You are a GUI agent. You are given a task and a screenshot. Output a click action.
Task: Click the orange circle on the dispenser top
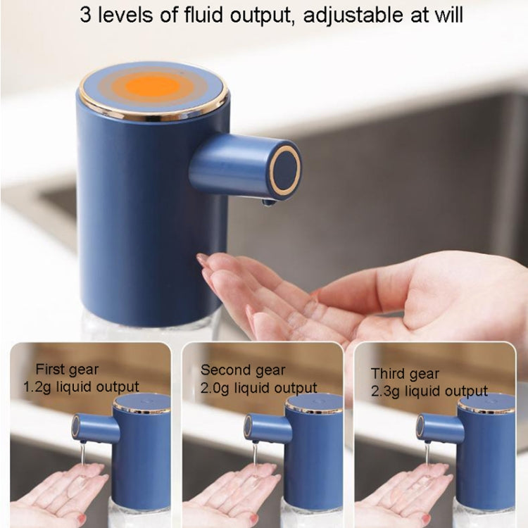click(x=153, y=85)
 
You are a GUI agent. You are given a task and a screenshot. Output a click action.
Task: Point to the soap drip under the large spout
click(x=268, y=203)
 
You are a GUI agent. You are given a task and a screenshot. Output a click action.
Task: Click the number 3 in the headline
click(x=85, y=15)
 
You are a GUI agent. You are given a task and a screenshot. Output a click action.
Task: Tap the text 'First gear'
click(x=68, y=370)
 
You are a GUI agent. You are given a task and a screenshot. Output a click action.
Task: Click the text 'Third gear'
click(x=405, y=373)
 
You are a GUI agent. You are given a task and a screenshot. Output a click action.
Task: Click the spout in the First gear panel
click(x=92, y=427)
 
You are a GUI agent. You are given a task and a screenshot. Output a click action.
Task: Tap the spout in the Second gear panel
click(x=265, y=427)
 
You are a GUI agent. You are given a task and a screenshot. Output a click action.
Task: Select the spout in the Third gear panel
click(x=438, y=427)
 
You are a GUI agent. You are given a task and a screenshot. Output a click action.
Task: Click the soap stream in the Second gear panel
click(x=254, y=454)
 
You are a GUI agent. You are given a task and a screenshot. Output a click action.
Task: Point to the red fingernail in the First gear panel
click(x=82, y=519)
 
